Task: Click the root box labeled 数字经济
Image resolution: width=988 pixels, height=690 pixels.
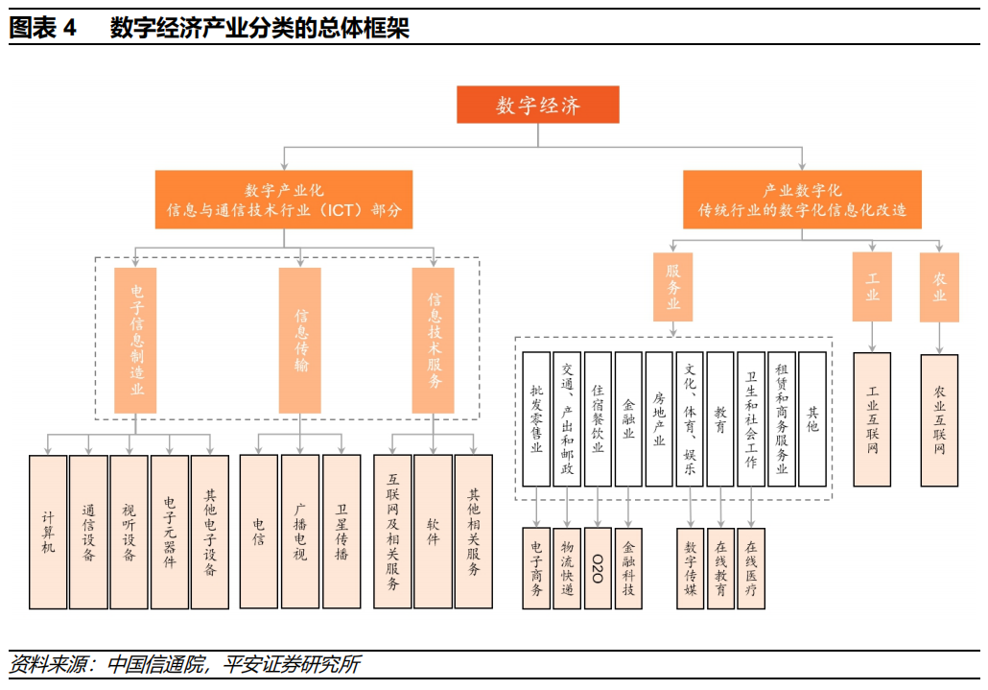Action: [537, 105]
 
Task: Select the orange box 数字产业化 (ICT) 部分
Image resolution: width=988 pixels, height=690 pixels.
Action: [284, 200]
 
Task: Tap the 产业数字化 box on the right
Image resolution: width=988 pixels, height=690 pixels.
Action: [802, 200]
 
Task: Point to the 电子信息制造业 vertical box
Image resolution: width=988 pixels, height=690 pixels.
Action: [135, 340]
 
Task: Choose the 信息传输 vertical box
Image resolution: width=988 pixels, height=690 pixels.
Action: [300, 340]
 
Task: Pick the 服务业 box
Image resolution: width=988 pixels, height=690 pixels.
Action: [673, 286]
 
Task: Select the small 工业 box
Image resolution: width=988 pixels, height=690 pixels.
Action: [872, 286]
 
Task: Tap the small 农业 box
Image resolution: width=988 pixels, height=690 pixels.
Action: [939, 286]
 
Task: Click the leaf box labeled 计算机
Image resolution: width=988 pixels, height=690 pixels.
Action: [49, 532]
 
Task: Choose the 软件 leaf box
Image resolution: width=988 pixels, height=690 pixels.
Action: [433, 532]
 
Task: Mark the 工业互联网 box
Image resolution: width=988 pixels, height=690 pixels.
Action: [872, 419]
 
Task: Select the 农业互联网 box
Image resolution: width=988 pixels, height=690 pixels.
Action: [939, 419]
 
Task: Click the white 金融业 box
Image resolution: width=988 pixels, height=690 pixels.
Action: [628, 419]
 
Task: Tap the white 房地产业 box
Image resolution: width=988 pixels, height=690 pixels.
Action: [659, 419]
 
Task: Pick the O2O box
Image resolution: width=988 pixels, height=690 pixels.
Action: [598, 568]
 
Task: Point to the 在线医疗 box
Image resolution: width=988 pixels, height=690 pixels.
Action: [751, 568]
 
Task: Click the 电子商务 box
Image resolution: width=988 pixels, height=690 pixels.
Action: [536, 568]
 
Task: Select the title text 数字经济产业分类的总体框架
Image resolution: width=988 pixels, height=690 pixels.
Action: [259, 28]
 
